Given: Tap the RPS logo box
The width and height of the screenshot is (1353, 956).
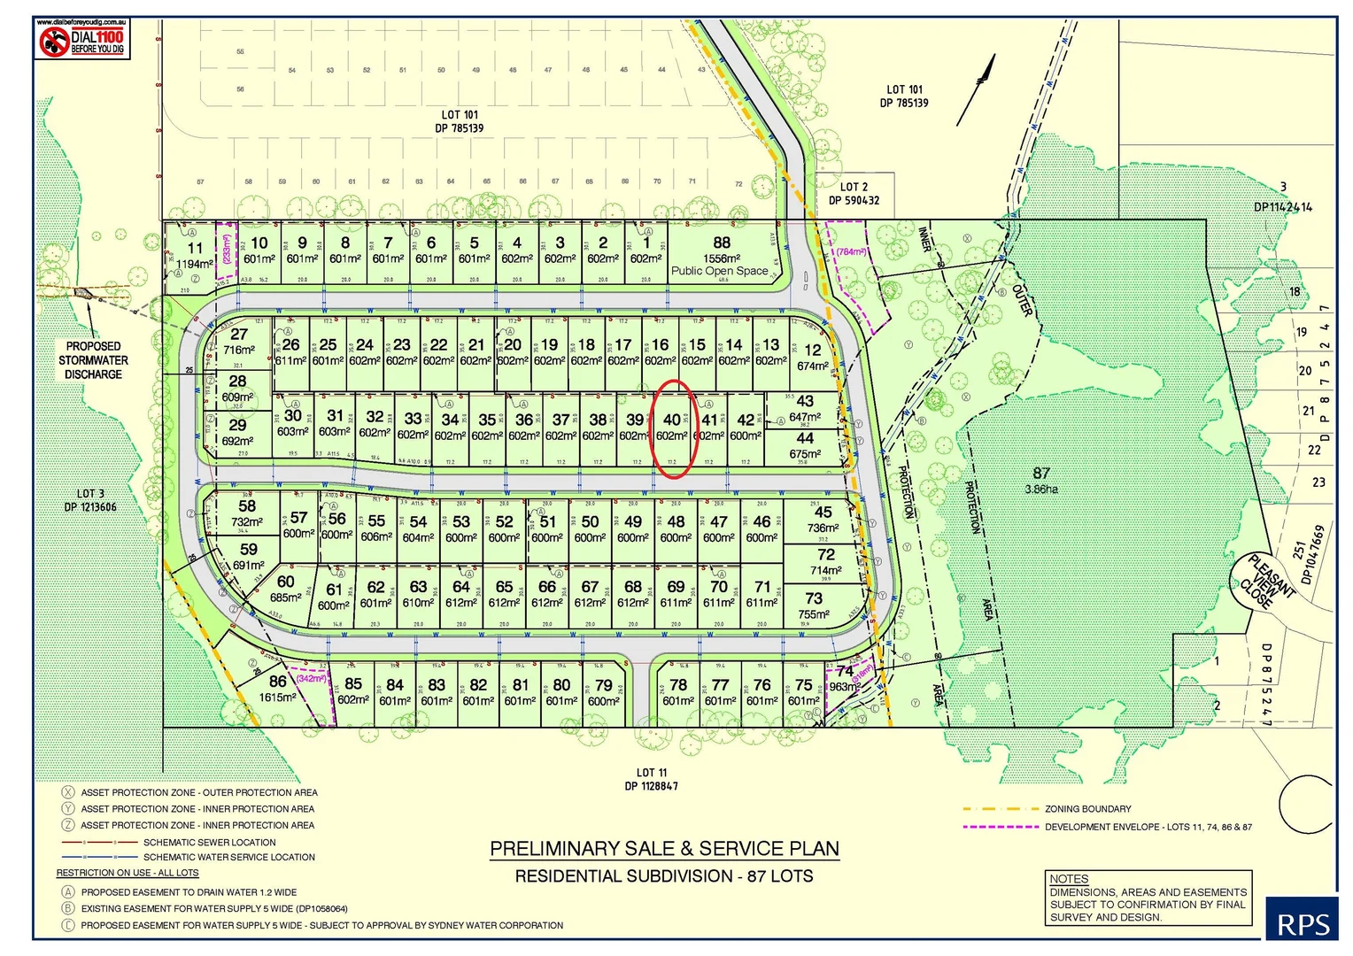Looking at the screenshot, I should tap(1303, 921).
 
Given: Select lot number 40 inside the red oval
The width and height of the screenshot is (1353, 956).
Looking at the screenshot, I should tap(672, 420).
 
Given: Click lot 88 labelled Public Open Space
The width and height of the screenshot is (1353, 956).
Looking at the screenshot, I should tap(721, 256).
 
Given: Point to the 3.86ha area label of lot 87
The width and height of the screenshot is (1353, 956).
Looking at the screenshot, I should tap(1041, 489).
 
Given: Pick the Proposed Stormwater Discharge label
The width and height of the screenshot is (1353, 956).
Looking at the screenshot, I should tap(93, 360).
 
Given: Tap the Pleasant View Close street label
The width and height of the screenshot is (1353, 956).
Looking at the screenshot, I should tap(1264, 582).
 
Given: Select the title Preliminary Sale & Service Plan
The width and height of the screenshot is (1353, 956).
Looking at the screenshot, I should tap(664, 849).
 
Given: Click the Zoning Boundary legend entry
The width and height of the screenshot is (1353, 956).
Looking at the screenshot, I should tap(1087, 809).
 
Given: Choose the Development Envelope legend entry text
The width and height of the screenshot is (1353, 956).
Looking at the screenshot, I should tap(1148, 827).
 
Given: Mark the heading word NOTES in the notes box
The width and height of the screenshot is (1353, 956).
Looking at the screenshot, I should tap(1068, 879).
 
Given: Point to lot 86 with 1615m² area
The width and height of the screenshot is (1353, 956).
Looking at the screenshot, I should tap(278, 688).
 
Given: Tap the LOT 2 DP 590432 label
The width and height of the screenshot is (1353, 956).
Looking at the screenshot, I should tap(854, 193).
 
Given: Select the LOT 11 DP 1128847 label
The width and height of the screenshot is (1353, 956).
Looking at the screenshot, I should tap(651, 779).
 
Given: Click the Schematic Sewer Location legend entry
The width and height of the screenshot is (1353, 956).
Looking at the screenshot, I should tap(209, 843).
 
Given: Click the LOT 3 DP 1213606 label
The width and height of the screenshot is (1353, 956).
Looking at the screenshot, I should tap(90, 500).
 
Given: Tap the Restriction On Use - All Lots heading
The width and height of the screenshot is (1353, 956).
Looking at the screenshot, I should tap(128, 873).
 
